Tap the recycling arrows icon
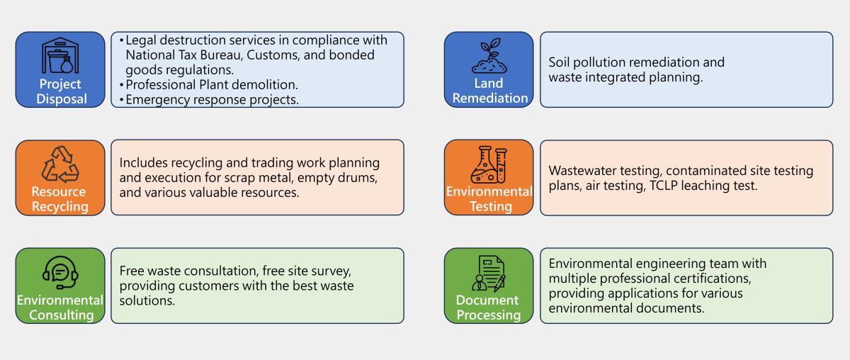[60, 164]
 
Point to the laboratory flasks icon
[489, 164]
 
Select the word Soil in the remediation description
[561, 62]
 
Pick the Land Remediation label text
[489, 91]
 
